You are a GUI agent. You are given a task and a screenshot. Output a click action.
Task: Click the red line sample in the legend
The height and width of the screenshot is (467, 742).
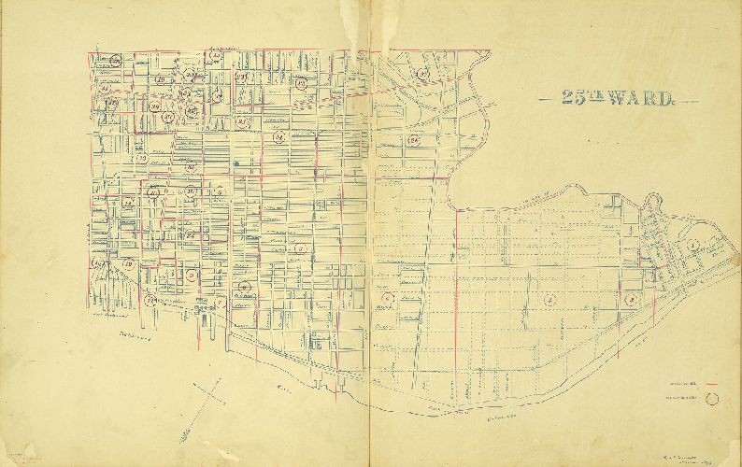coord(713,384)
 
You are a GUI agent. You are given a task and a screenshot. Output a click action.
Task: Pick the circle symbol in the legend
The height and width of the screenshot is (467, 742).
coord(715,397)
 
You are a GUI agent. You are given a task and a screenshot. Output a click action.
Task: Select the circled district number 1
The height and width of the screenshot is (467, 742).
coord(692,245)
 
